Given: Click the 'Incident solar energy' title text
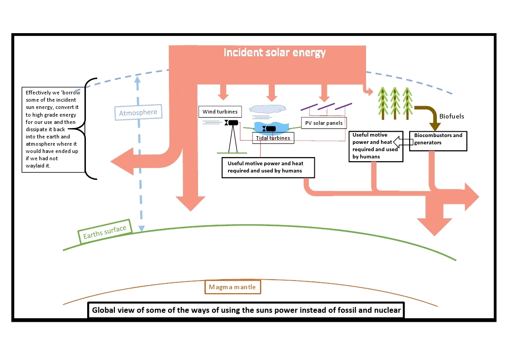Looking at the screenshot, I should point(274,53).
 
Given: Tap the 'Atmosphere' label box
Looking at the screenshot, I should point(138,112).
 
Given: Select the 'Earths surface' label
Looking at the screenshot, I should point(104,232).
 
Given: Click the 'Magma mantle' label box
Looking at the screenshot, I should point(233,287).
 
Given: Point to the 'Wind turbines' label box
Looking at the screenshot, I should point(220,111).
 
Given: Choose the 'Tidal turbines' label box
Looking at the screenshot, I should point(272,138).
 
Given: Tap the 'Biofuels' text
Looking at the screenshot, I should point(451,116).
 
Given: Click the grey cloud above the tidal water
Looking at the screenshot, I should point(268,109).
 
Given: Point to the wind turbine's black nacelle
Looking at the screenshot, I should point(233,123).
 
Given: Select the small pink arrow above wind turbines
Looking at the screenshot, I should point(223,93).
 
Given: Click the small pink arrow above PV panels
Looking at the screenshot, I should point(324,94).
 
